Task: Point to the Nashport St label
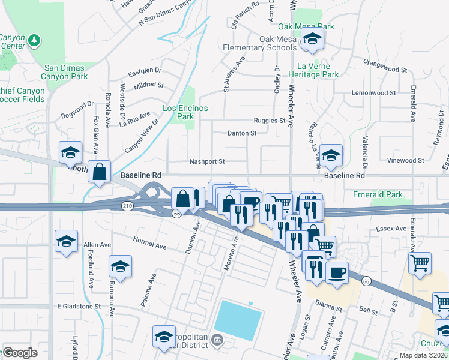206,161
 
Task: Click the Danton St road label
241,133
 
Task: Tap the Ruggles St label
269,120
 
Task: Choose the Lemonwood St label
373,93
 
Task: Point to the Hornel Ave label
149,246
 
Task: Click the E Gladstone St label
79,306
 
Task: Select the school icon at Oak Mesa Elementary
312,40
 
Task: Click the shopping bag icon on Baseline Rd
100,171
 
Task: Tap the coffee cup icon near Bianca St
337,272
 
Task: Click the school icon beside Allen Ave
67,242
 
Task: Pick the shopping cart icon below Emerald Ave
420,262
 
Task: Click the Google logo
20,353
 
